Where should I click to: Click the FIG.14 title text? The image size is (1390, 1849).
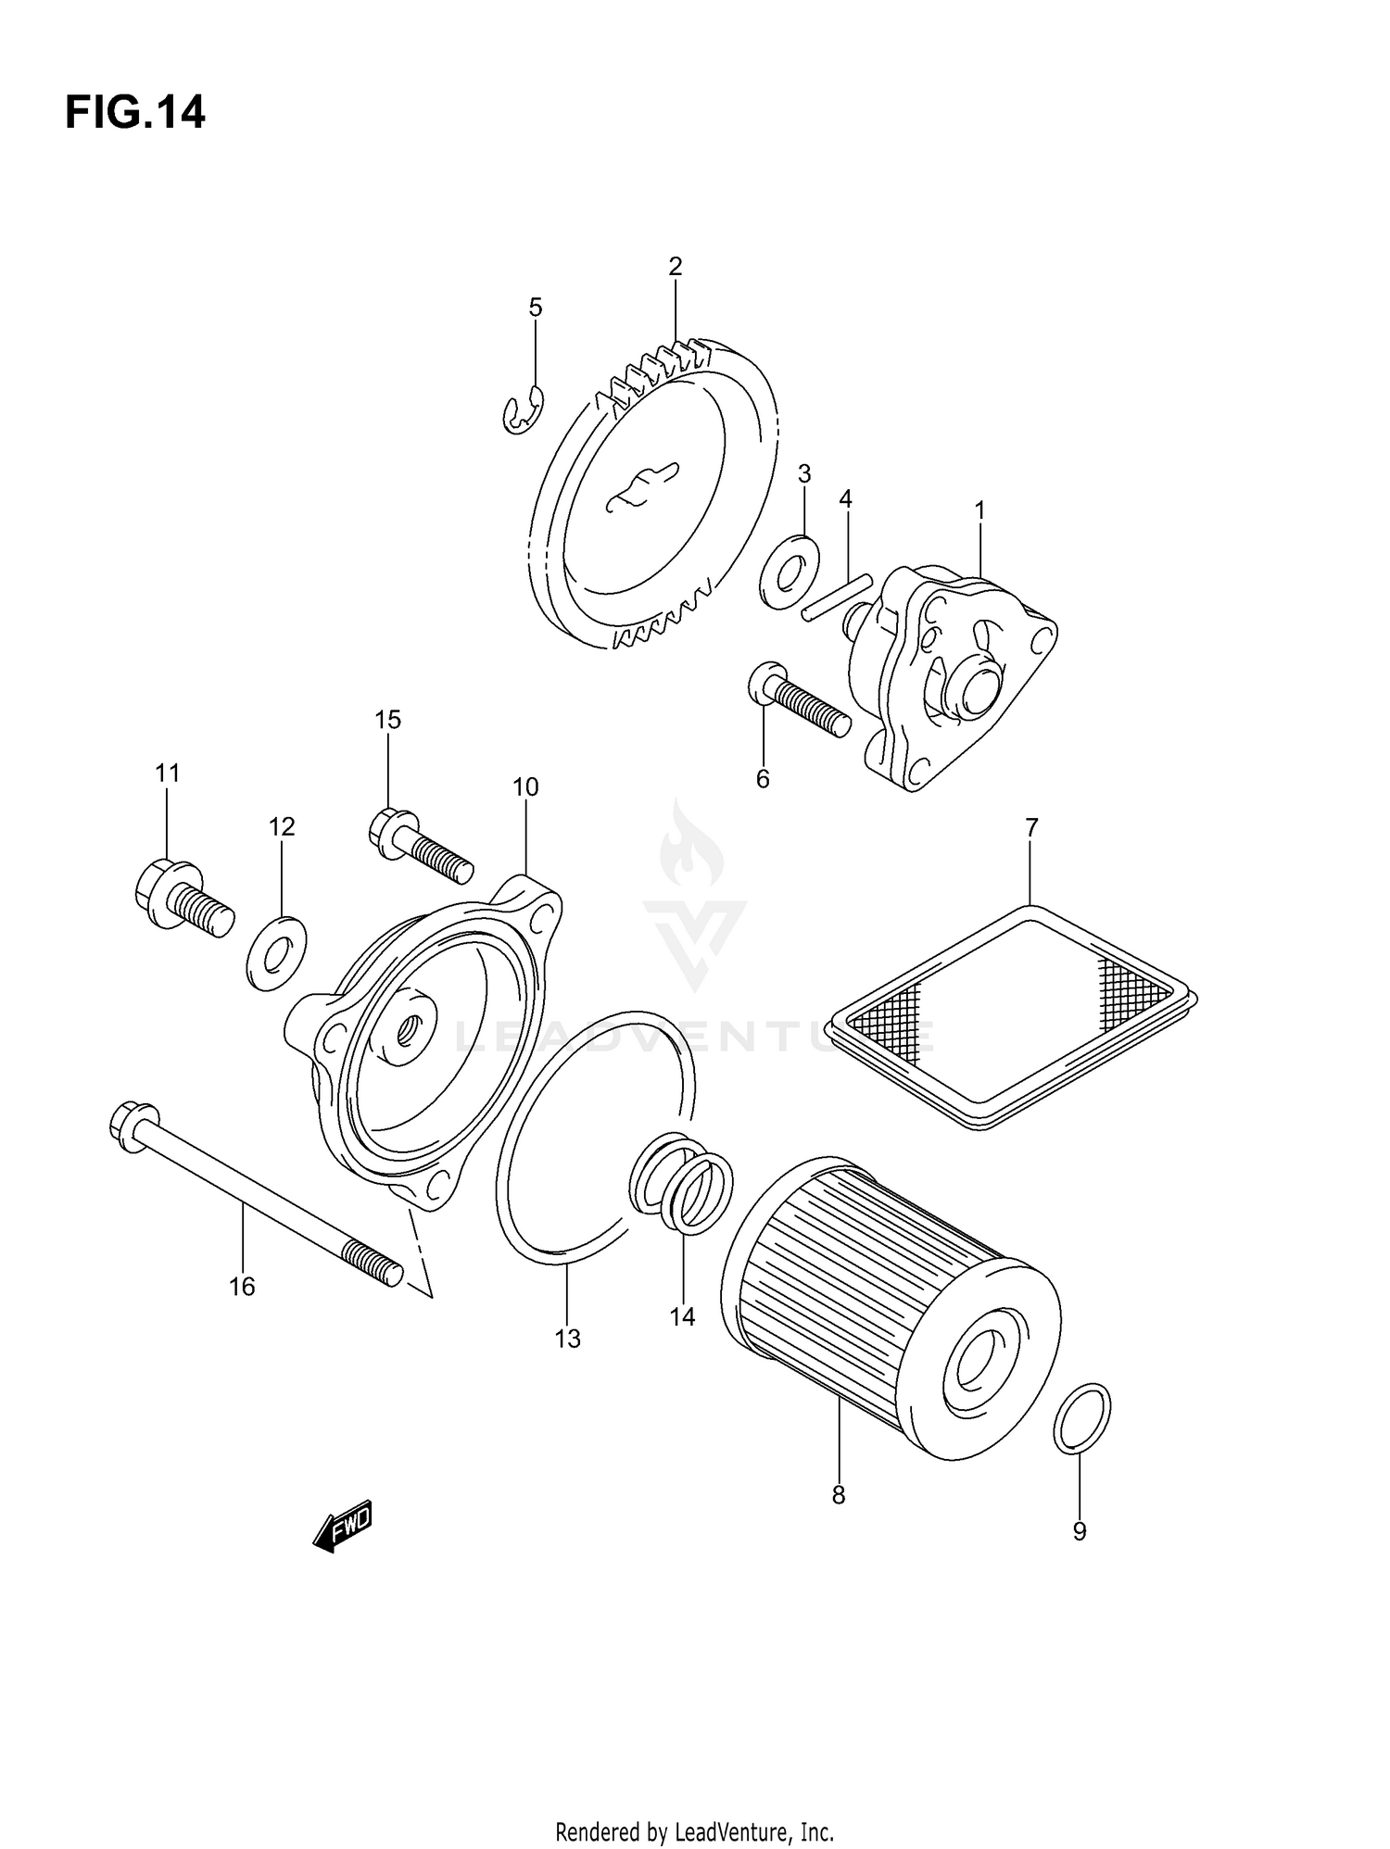point(135,113)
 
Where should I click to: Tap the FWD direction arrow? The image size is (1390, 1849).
point(343,1526)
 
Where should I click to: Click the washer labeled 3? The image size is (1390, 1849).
point(788,572)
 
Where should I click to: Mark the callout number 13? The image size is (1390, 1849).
point(567,1338)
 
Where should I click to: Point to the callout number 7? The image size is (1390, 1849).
point(1031,826)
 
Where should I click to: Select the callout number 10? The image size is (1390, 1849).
point(524,787)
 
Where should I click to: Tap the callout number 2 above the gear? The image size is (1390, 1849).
point(675,267)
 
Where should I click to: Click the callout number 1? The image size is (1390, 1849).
point(979,510)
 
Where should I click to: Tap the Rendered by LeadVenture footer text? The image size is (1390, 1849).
point(694,1832)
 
